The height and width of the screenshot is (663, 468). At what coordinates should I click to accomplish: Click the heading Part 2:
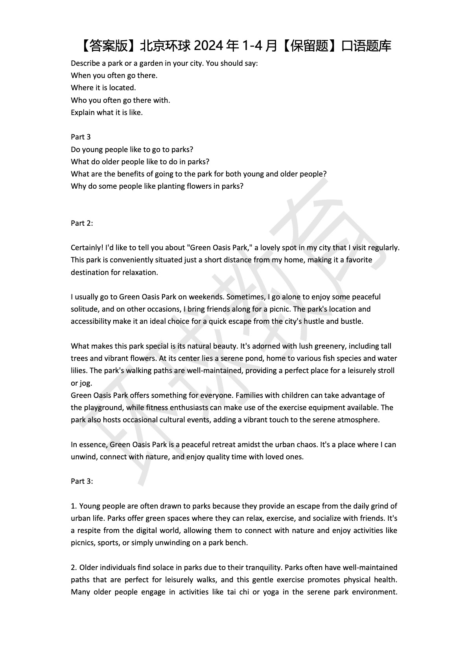click(x=82, y=223)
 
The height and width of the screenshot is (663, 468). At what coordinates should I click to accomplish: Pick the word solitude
click(x=84, y=309)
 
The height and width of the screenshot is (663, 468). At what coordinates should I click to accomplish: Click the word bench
click(x=237, y=542)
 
